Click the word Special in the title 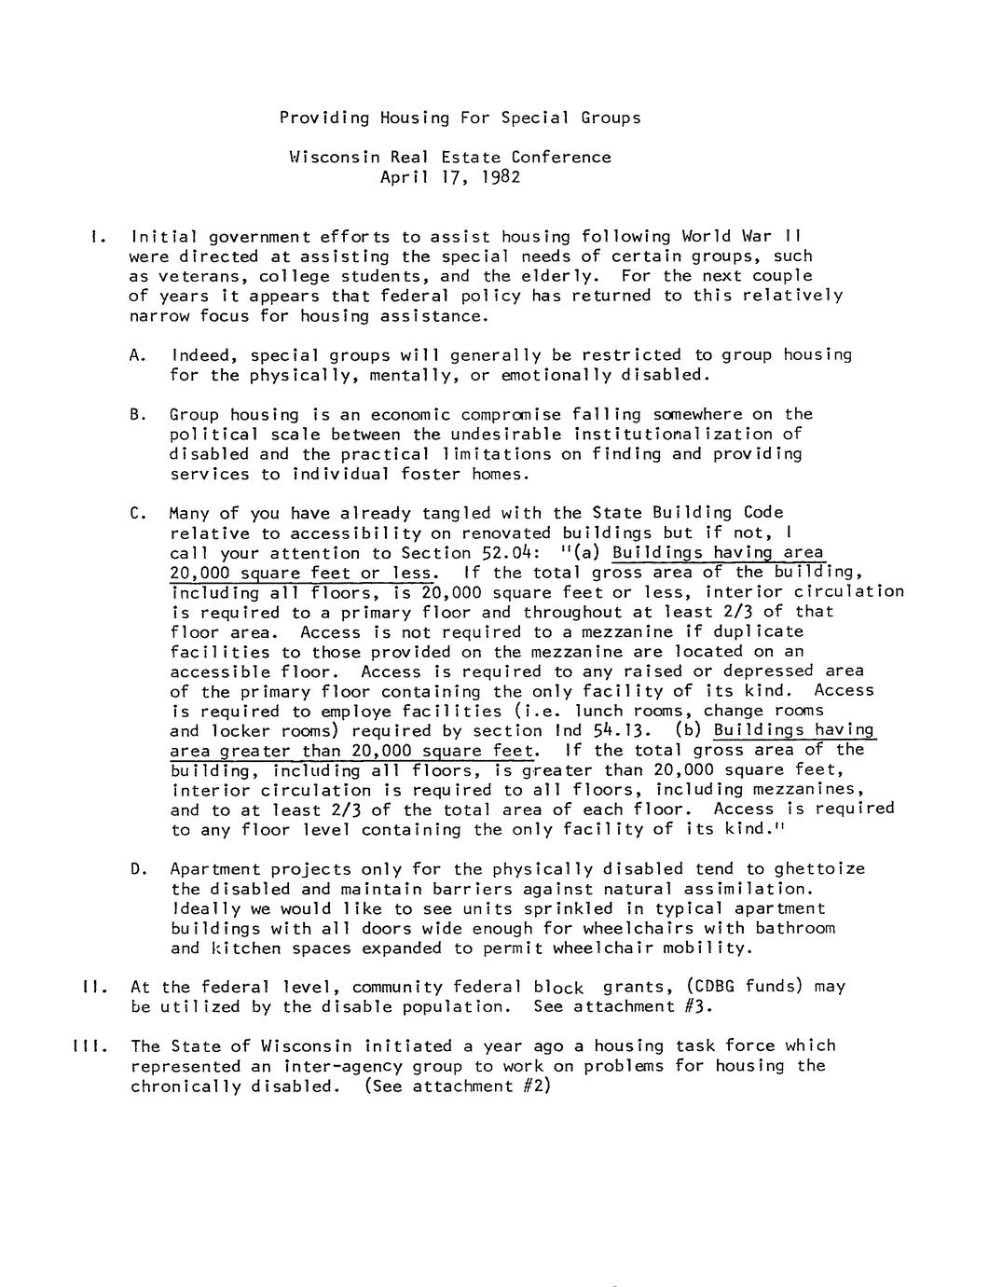(x=535, y=118)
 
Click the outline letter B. (x=139, y=414)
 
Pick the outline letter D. (x=140, y=869)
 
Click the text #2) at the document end (x=539, y=1086)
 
